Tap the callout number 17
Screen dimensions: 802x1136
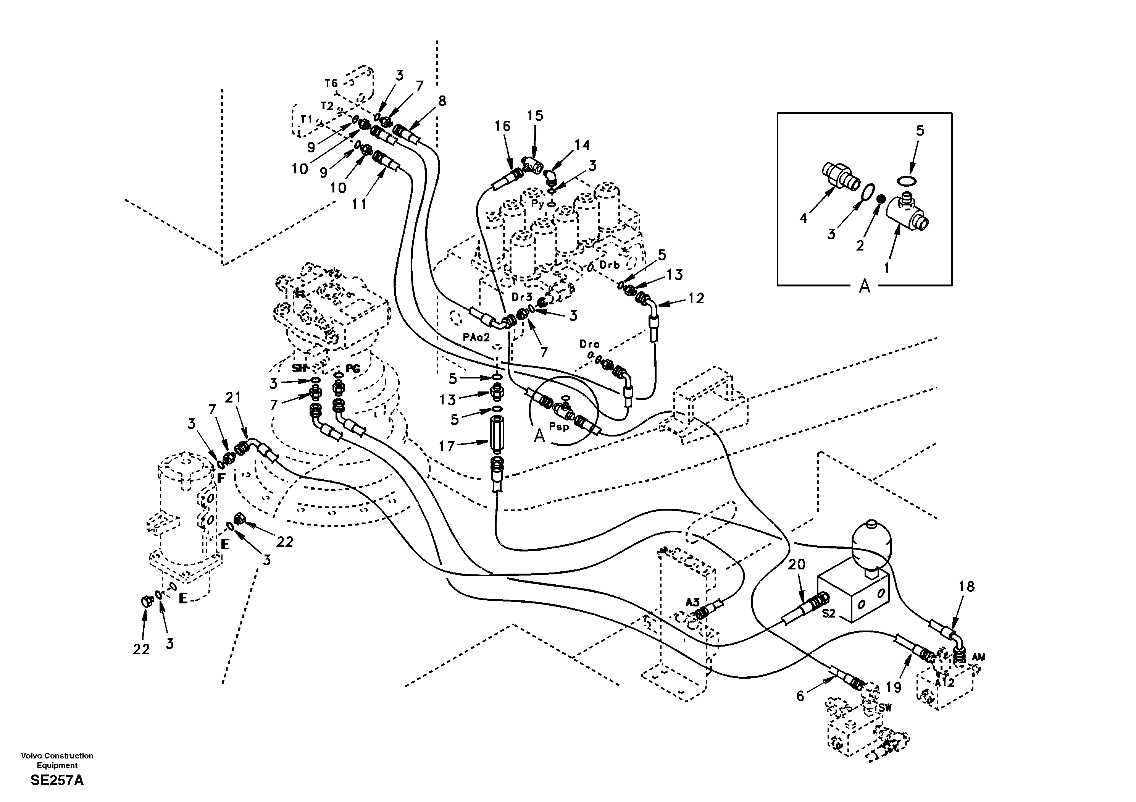446,446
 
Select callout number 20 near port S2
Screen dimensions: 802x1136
797,564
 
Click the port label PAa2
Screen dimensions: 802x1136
476,338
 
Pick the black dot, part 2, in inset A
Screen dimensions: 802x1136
880,199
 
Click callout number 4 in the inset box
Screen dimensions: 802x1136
803,218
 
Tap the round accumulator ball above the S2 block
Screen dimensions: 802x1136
872,540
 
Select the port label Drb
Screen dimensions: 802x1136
609,265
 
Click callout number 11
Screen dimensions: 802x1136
359,204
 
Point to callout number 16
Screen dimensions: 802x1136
502,126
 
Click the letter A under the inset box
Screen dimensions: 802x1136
864,286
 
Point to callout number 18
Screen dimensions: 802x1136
966,587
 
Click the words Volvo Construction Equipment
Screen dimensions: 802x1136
57,760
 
